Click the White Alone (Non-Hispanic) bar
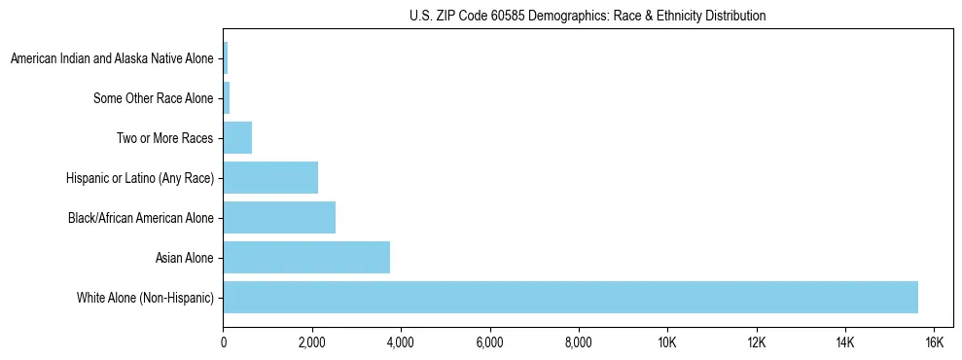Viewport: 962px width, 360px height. click(570, 297)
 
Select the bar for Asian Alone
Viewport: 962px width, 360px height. click(306, 257)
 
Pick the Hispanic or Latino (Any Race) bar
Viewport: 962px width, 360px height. click(270, 178)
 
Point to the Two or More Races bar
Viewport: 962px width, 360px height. click(237, 138)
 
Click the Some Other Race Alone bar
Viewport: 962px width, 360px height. click(227, 98)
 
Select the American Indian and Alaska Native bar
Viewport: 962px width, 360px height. click(226, 58)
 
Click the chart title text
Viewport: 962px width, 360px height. click(588, 16)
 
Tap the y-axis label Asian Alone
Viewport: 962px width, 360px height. click(184, 258)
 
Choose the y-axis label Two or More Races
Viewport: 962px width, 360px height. click(164, 139)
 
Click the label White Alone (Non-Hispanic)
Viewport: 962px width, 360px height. click(145, 298)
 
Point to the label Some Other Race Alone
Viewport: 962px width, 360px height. click(153, 99)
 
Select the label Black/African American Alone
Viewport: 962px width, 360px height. click(140, 218)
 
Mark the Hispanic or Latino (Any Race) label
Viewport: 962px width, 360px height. click(139, 178)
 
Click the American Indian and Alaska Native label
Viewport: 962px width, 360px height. click(112, 59)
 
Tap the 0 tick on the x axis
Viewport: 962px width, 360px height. click(224, 342)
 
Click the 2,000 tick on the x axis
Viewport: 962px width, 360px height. click(312, 342)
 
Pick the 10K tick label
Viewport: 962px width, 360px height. click(667, 342)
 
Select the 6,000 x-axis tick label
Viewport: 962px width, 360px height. click(489, 342)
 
